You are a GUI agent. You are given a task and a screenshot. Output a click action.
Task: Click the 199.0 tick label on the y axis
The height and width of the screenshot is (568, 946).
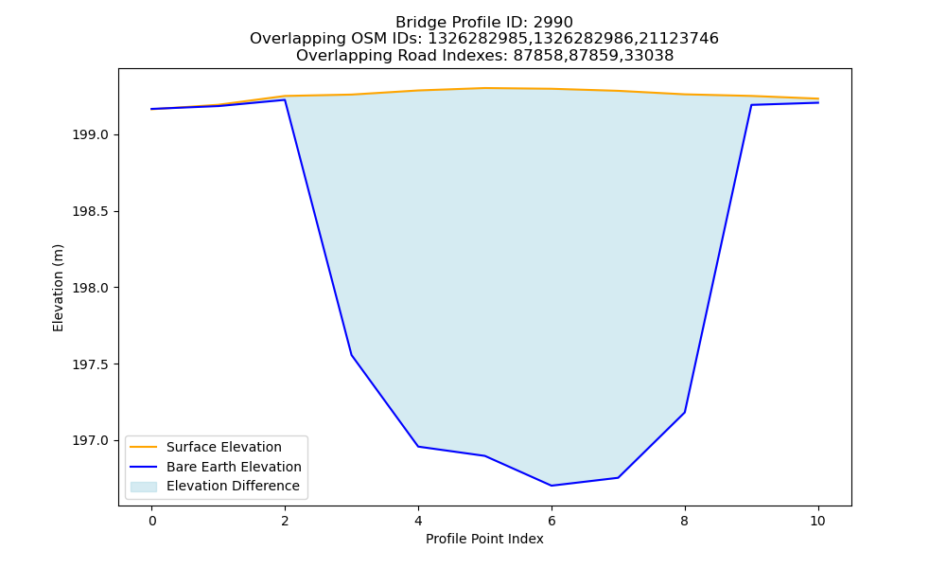tap(91, 134)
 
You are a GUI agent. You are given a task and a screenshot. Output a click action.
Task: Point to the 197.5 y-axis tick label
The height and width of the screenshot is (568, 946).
tap(91, 364)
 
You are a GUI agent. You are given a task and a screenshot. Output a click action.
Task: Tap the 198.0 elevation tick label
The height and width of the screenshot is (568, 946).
tap(91, 288)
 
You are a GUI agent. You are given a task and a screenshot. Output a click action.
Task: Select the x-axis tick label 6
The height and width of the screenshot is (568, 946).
tap(552, 521)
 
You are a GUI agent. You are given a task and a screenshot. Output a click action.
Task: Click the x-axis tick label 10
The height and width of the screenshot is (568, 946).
tap(817, 521)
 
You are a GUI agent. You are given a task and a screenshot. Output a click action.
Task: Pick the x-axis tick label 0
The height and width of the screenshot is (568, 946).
tap(152, 521)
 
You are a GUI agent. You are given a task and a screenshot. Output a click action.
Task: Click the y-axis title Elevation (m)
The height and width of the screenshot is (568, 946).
tap(58, 288)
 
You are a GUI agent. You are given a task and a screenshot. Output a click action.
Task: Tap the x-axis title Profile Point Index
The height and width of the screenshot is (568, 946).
tap(484, 539)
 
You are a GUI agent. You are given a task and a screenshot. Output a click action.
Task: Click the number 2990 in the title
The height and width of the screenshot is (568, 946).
tap(552, 23)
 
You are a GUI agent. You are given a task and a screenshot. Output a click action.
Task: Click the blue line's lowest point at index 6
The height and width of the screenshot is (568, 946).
tap(552, 486)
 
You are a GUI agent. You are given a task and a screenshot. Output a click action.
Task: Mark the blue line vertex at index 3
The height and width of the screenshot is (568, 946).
tap(352, 355)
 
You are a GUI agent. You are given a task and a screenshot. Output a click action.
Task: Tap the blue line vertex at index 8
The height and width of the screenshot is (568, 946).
tap(685, 412)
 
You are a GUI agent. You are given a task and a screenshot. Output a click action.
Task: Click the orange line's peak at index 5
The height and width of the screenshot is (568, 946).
tap(484, 88)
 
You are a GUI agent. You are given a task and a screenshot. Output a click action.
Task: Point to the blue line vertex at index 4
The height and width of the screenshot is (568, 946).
tap(418, 447)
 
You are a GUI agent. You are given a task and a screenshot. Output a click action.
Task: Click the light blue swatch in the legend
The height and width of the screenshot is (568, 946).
tap(144, 487)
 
